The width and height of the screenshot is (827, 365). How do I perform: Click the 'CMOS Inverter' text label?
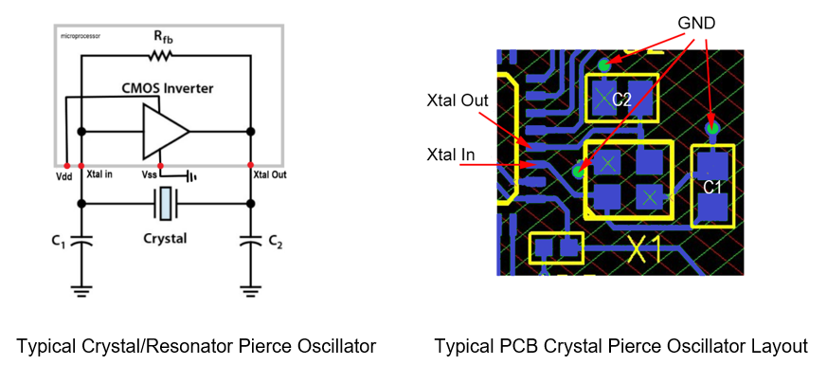[x=167, y=88]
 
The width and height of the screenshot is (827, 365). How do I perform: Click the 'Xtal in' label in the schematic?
[x=99, y=174]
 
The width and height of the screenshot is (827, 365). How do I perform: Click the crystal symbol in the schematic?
[x=166, y=203]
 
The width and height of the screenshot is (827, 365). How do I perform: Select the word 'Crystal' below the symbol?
[x=166, y=238]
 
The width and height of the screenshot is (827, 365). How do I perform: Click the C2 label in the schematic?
[x=275, y=243]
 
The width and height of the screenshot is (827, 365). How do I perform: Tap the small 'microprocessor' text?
[x=81, y=36]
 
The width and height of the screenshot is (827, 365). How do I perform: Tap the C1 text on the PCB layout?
[x=712, y=187]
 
